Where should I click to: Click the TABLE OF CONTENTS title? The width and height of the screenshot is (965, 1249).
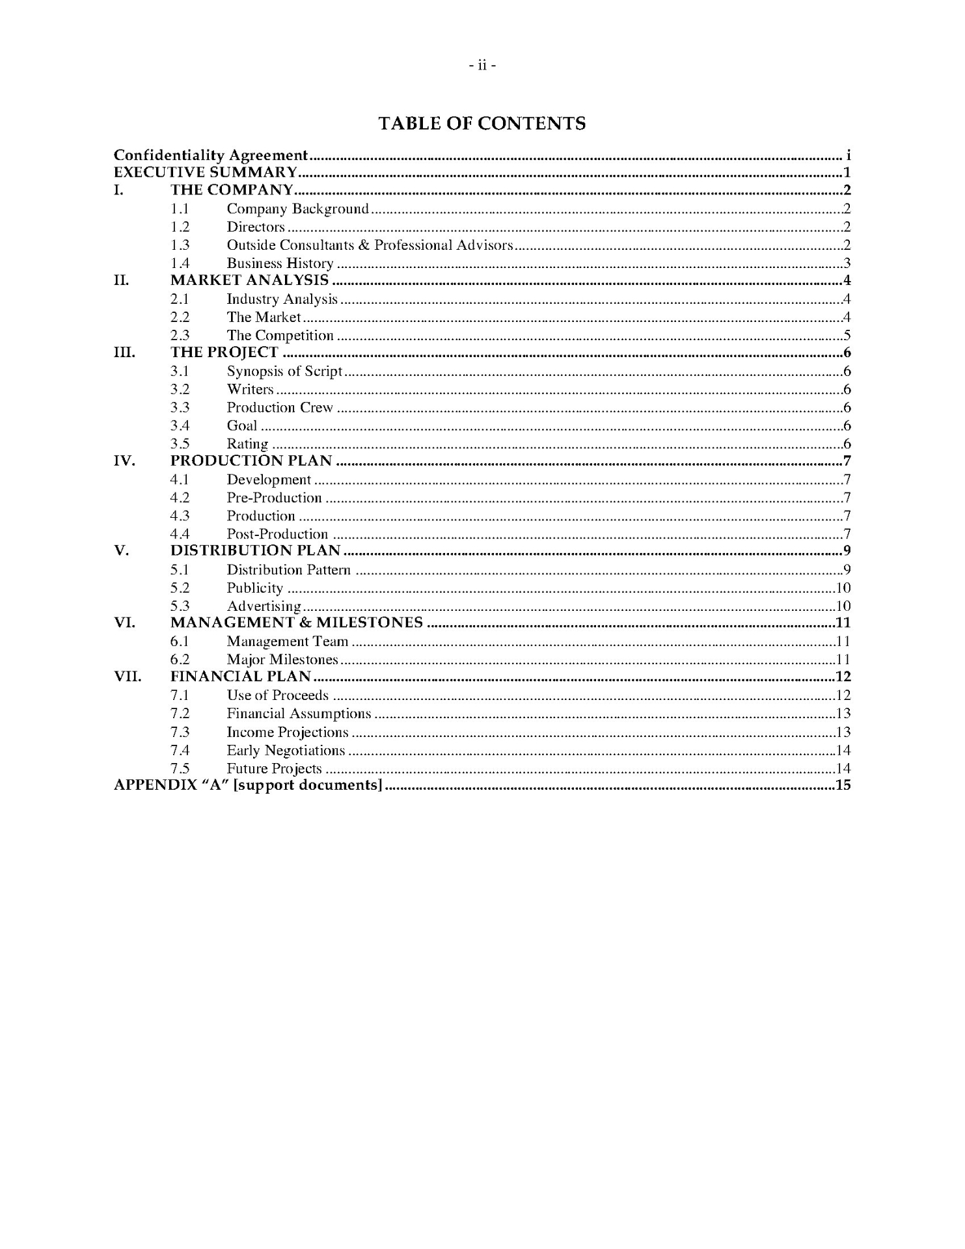tap(482, 124)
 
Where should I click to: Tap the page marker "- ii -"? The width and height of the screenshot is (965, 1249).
tap(482, 66)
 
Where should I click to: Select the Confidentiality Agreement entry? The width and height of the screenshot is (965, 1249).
tap(210, 155)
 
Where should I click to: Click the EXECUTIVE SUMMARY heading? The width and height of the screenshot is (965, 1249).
tap(206, 173)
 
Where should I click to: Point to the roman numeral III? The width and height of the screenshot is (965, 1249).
tap(124, 353)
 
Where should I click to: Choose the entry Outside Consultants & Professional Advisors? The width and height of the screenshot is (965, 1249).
tap(370, 245)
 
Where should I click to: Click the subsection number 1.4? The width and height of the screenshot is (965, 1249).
tap(180, 263)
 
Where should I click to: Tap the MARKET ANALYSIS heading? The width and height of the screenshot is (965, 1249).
tap(250, 280)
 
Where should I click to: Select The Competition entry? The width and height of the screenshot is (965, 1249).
tap(280, 336)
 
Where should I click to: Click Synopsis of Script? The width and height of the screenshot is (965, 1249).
tap(284, 371)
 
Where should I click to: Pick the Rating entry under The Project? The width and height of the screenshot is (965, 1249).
tap(247, 444)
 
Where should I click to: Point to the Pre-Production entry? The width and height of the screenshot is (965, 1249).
tap(274, 498)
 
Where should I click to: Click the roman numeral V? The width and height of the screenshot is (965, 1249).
tap(121, 551)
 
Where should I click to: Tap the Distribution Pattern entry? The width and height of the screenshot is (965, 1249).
tap(288, 571)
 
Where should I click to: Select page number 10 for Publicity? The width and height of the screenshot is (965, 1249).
tap(843, 588)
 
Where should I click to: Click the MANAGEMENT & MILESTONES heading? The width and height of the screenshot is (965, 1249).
tap(297, 623)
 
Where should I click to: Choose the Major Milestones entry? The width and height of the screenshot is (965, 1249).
tap(282, 660)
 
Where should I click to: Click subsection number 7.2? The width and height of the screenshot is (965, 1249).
tap(180, 714)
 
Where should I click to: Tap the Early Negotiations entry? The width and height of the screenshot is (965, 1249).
tap(286, 751)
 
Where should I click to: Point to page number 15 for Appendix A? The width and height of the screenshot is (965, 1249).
tap(843, 785)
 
